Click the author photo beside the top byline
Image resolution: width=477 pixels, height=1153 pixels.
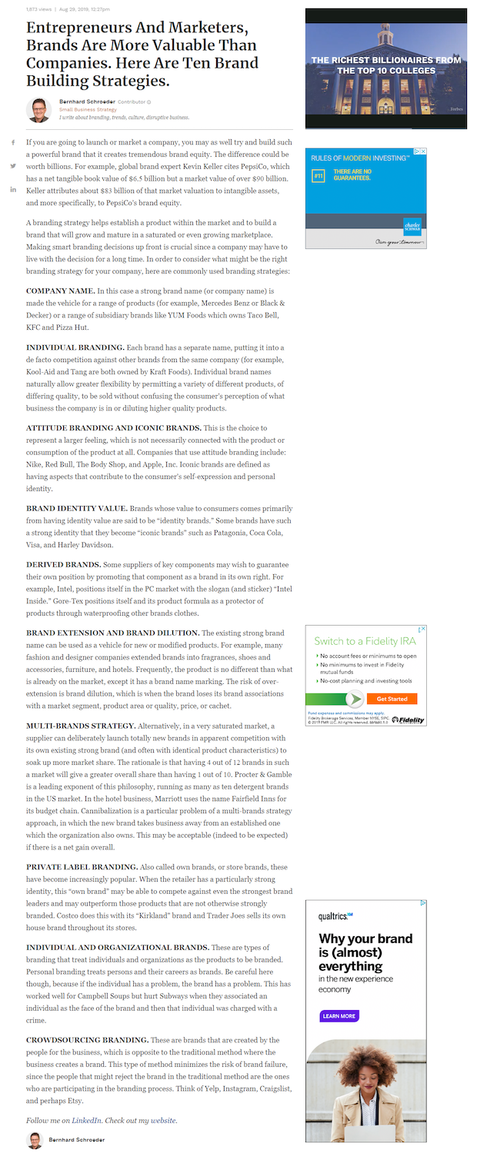pyautogui.click(x=38, y=109)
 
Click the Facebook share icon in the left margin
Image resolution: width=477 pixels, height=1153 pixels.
pyautogui.click(x=13, y=143)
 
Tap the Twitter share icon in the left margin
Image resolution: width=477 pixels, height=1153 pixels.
pyautogui.click(x=13, y=166)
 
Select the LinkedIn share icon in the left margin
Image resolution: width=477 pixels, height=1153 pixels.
pyautogui.click(x=13, y=189)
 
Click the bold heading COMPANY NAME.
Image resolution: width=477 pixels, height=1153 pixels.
pyautogui.click(x=61, y=291)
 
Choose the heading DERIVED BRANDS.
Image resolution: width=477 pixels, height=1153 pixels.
pyautogui.click(x=63, y=564)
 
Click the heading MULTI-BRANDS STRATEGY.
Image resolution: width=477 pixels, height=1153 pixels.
pyautogui.click(x=81, y=726)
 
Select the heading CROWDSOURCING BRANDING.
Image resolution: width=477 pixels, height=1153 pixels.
pyautogui.click(x=86, y=1039)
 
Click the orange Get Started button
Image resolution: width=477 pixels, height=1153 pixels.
pyautogui.click(x=392, y=699)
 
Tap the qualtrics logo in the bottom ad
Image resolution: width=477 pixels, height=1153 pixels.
pyautogui.click(x=335, y=916)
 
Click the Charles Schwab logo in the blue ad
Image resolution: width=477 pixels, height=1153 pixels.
pyautogui.click(x=412, y=227)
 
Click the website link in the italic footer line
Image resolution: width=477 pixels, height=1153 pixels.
pyautogui.click(x=158, y=1120)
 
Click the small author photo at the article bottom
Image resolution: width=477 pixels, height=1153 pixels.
pyautogui.click(x=35, y=1140)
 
